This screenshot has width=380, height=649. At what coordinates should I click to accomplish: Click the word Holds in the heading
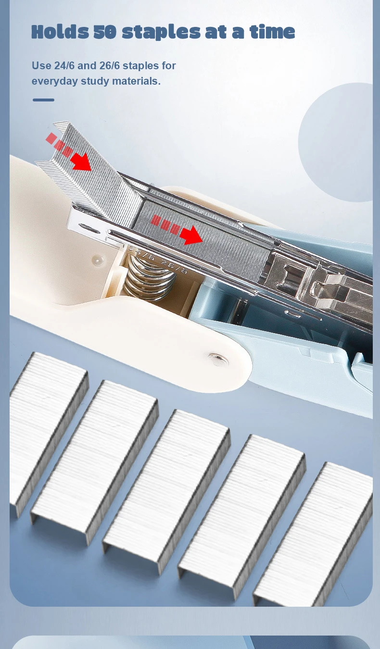pos(60,32)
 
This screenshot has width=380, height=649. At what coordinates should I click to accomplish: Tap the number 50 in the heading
pos(105,32)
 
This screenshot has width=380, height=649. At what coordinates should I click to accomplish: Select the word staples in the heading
pos(161,33)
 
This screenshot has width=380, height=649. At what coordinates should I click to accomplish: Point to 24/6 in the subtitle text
pos(64,65)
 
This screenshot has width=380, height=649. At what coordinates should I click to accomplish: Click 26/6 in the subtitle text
pos(110,65)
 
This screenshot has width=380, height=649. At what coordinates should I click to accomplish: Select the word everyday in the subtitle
pos(55,81)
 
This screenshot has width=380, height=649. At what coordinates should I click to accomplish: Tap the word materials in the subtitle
pos(136,81)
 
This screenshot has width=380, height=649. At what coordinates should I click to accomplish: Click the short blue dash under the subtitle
pos(43,100)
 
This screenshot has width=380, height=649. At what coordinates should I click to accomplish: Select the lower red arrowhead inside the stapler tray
pos(191,235)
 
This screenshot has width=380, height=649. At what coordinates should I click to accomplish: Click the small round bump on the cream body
pos(98,260)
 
